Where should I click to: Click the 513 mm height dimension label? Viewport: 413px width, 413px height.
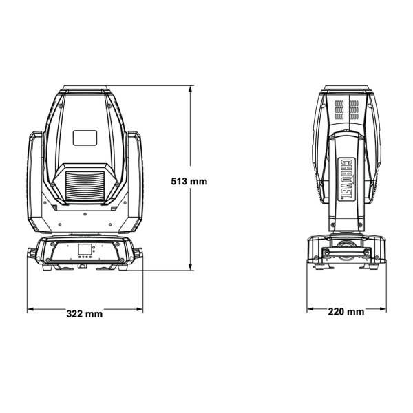[189, 182]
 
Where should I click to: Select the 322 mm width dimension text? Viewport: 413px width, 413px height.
[85, 314]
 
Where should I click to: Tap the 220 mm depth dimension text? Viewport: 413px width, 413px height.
[346, 312]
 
